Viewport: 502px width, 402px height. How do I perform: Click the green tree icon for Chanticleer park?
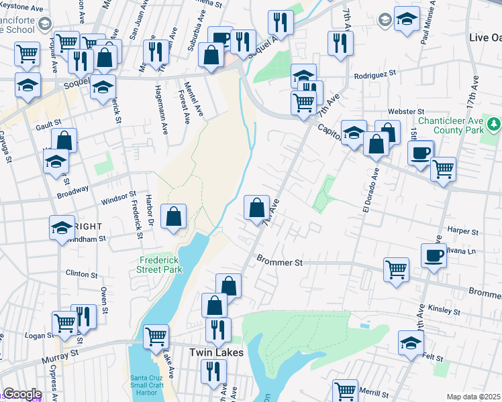(x=493, y=124)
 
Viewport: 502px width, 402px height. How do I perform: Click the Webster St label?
(x=405, y=111)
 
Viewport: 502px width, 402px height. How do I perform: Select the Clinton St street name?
(x=83, y=273)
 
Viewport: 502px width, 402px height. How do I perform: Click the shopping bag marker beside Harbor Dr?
(x=173, y=216)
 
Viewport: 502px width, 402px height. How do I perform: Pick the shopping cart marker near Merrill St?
(x=346, y=390)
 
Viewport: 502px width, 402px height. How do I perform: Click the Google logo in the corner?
(x=22, y=394)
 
